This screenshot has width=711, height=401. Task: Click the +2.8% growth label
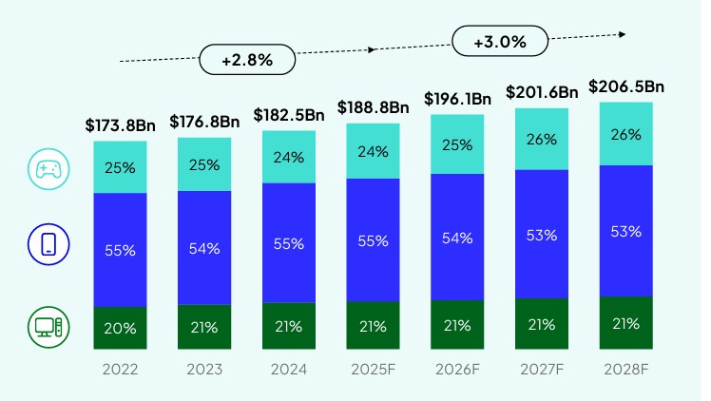[246, 59]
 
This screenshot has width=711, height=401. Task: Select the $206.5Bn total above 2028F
[625, 86]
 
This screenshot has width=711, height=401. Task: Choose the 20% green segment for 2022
[120, 328]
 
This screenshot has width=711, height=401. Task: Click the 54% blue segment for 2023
[203, 248]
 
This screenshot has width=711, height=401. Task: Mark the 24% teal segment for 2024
[287, 157]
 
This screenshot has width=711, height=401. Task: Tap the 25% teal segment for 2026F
[456, 144]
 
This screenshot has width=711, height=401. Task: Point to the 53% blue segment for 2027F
[541, 233]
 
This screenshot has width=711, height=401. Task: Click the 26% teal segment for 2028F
[625, 134]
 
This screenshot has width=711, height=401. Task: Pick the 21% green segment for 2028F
[625, 325]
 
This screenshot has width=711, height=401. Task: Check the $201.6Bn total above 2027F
[541, 92]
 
